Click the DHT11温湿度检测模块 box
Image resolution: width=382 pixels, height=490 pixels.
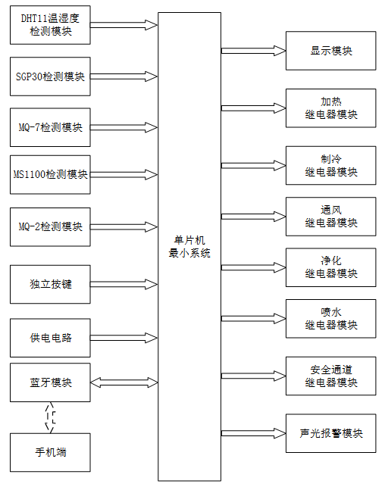pos(50,25)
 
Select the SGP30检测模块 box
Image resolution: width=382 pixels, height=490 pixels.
pos(50,76)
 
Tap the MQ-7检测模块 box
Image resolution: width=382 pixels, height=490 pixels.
pos(50,127)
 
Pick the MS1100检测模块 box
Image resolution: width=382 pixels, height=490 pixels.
pos(50,174)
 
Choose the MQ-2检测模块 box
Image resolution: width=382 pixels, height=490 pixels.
pos(50,227)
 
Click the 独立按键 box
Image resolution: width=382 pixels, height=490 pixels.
pos(50,284)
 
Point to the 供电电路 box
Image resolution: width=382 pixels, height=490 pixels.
pos(50,338)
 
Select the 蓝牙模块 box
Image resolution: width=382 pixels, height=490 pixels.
pos(50,382)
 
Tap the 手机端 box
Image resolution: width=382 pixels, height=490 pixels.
pos(50,452)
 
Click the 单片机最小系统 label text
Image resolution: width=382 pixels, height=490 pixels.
pos(189,247)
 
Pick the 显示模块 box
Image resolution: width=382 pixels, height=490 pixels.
pos(330,51)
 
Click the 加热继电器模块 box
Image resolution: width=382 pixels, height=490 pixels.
pos(330,108)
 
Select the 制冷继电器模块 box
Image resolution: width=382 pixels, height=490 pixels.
pos(330,165)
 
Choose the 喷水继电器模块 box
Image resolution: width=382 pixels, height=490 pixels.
pos(330,318)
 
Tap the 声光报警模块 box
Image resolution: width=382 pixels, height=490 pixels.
pos(330,433)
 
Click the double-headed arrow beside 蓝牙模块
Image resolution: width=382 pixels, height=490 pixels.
pos(124,382)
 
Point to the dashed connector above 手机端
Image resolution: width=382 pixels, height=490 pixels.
pos(50,417)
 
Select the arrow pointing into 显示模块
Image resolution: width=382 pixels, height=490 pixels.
pos(253,51)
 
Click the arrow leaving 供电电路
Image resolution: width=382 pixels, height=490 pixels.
pos(124,338)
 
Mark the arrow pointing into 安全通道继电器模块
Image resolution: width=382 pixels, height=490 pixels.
pos(253,376)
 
